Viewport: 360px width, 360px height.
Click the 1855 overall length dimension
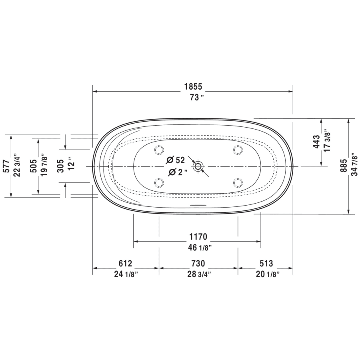[x=193, y=86]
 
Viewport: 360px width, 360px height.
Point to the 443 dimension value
[x=316, y=142]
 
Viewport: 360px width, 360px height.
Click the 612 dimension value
[x=125, y=264]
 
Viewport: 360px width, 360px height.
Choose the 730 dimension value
[x=198, y=264]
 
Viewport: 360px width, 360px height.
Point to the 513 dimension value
[x=266, y=264]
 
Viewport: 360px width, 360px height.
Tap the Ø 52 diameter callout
[x=176, y=160]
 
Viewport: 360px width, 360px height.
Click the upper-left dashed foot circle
[x=159, y=150]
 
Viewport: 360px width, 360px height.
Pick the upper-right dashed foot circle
[x=238, y=150]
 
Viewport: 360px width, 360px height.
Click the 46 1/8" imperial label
[x=199, y=248]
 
